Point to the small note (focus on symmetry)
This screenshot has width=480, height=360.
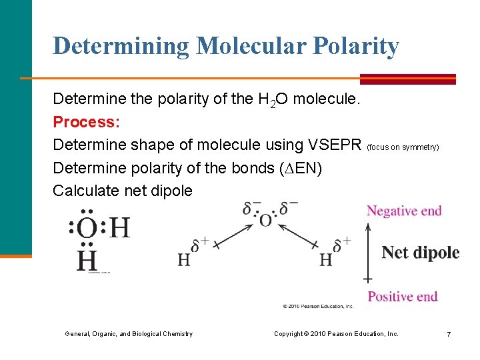(403, 147)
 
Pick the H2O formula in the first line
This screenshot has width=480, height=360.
(273, 100)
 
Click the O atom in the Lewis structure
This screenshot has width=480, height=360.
(87, 229)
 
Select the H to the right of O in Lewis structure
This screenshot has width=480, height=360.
(119, 229)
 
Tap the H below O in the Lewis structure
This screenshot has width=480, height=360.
(87, 260)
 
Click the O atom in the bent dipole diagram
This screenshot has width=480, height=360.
(266, 219)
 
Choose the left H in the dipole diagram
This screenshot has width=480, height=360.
(183, 260)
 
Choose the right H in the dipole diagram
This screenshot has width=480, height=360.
(325, 260)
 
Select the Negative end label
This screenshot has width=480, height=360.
(404, 211)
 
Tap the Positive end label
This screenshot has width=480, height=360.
(403, 297)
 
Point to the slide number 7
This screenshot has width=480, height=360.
(449, 333)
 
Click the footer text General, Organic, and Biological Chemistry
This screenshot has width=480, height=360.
(129, 333)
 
